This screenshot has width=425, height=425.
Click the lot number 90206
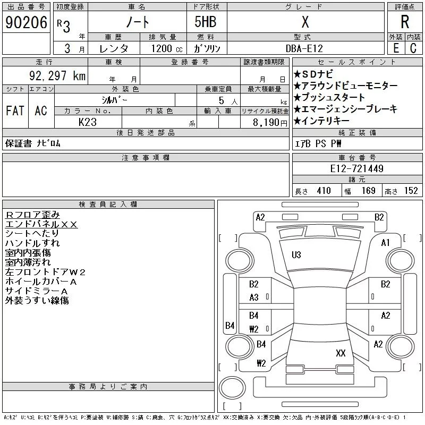pos(26,22)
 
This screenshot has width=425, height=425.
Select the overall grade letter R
pos(405,22)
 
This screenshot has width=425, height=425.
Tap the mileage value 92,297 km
pos(57,75)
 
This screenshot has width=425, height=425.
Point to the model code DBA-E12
pos(304,48)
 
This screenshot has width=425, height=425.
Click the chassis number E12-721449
pos(356,168)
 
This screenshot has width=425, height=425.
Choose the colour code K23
pos(88,122)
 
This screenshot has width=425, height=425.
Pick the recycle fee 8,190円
pos(270,123)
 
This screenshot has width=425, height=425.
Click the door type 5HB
pos(206,22)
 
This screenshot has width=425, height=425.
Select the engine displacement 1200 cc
pos(167,48)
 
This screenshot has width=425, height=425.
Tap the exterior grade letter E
pos(396,48)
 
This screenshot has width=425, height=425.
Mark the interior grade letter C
pos(413,48)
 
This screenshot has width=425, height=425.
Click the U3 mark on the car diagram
pos(296,255)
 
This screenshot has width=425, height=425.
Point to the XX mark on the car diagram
pos(341,353)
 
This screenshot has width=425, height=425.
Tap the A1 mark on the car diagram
pos(385,243)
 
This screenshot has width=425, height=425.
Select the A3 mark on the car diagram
pos(254,297)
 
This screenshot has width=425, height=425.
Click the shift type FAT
pos(15,110)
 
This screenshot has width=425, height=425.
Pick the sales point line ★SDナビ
pos(313,74)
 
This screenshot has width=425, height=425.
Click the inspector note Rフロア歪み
pos(32,215)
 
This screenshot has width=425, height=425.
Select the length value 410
pos(324,191)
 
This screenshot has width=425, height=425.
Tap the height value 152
pos(411,191)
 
